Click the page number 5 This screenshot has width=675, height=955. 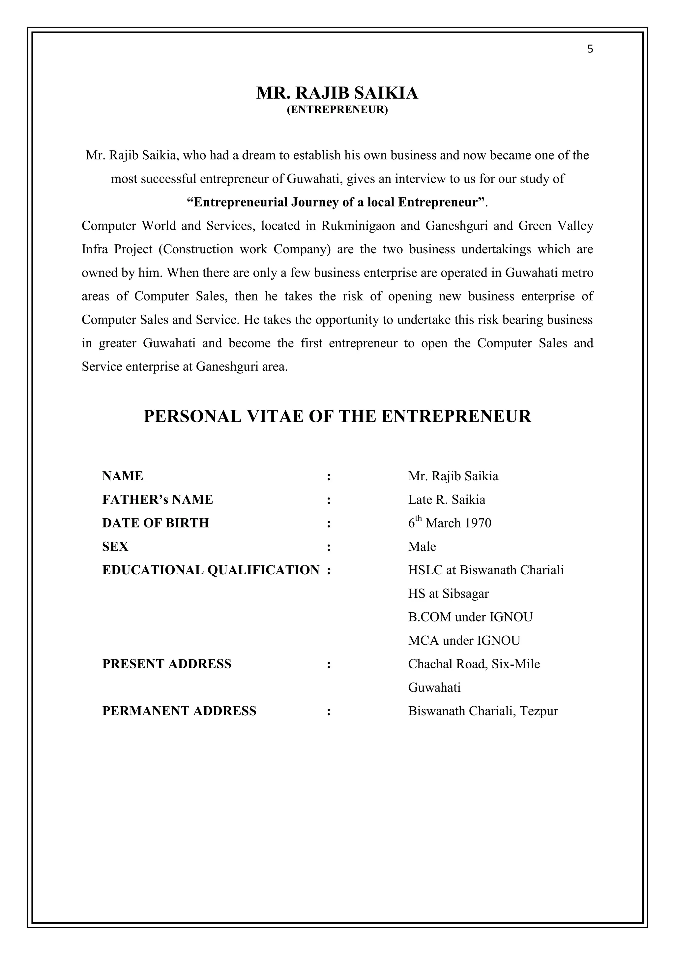[590, 49]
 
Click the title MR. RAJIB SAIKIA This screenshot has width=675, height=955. [337, 93]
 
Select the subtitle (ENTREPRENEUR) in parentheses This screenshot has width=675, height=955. [337, 110]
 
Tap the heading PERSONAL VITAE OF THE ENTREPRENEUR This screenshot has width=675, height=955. [337, 416]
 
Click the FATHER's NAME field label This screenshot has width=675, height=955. [158, 499]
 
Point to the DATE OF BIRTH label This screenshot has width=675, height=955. [156, 523]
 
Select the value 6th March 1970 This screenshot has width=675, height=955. [449, 523]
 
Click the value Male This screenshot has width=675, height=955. [422, 547]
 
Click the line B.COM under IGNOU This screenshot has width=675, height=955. [470, 617]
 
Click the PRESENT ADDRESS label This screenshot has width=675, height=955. [167, 664]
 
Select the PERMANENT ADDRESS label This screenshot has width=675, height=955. [179, 711]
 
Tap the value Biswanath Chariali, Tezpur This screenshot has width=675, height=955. [483, 711]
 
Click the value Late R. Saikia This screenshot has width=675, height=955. [446, 499]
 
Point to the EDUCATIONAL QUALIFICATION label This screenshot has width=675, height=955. [211, 570]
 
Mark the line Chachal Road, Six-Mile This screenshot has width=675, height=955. [474, 664]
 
